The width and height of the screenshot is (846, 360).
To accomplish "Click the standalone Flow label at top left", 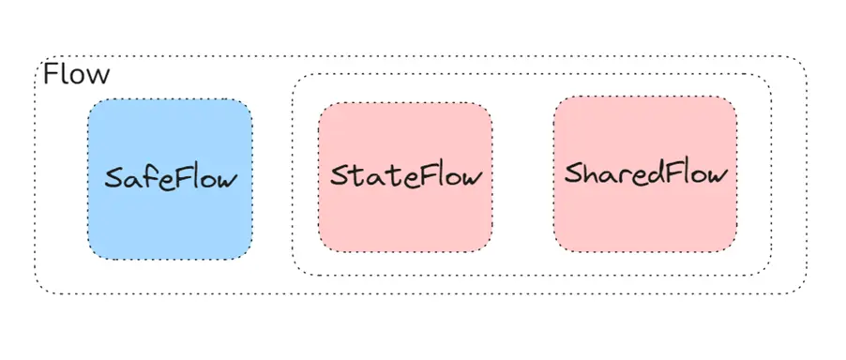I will coord(76,75).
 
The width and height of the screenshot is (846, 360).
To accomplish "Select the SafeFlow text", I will coord(171,177).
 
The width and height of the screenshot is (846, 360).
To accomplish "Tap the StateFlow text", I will coord(405,176).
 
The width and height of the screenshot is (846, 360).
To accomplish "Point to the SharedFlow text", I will coord(646,173).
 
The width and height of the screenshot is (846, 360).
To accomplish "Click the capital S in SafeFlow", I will coord(113,177).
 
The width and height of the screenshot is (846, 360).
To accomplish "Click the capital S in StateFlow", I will coord(339,176).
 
